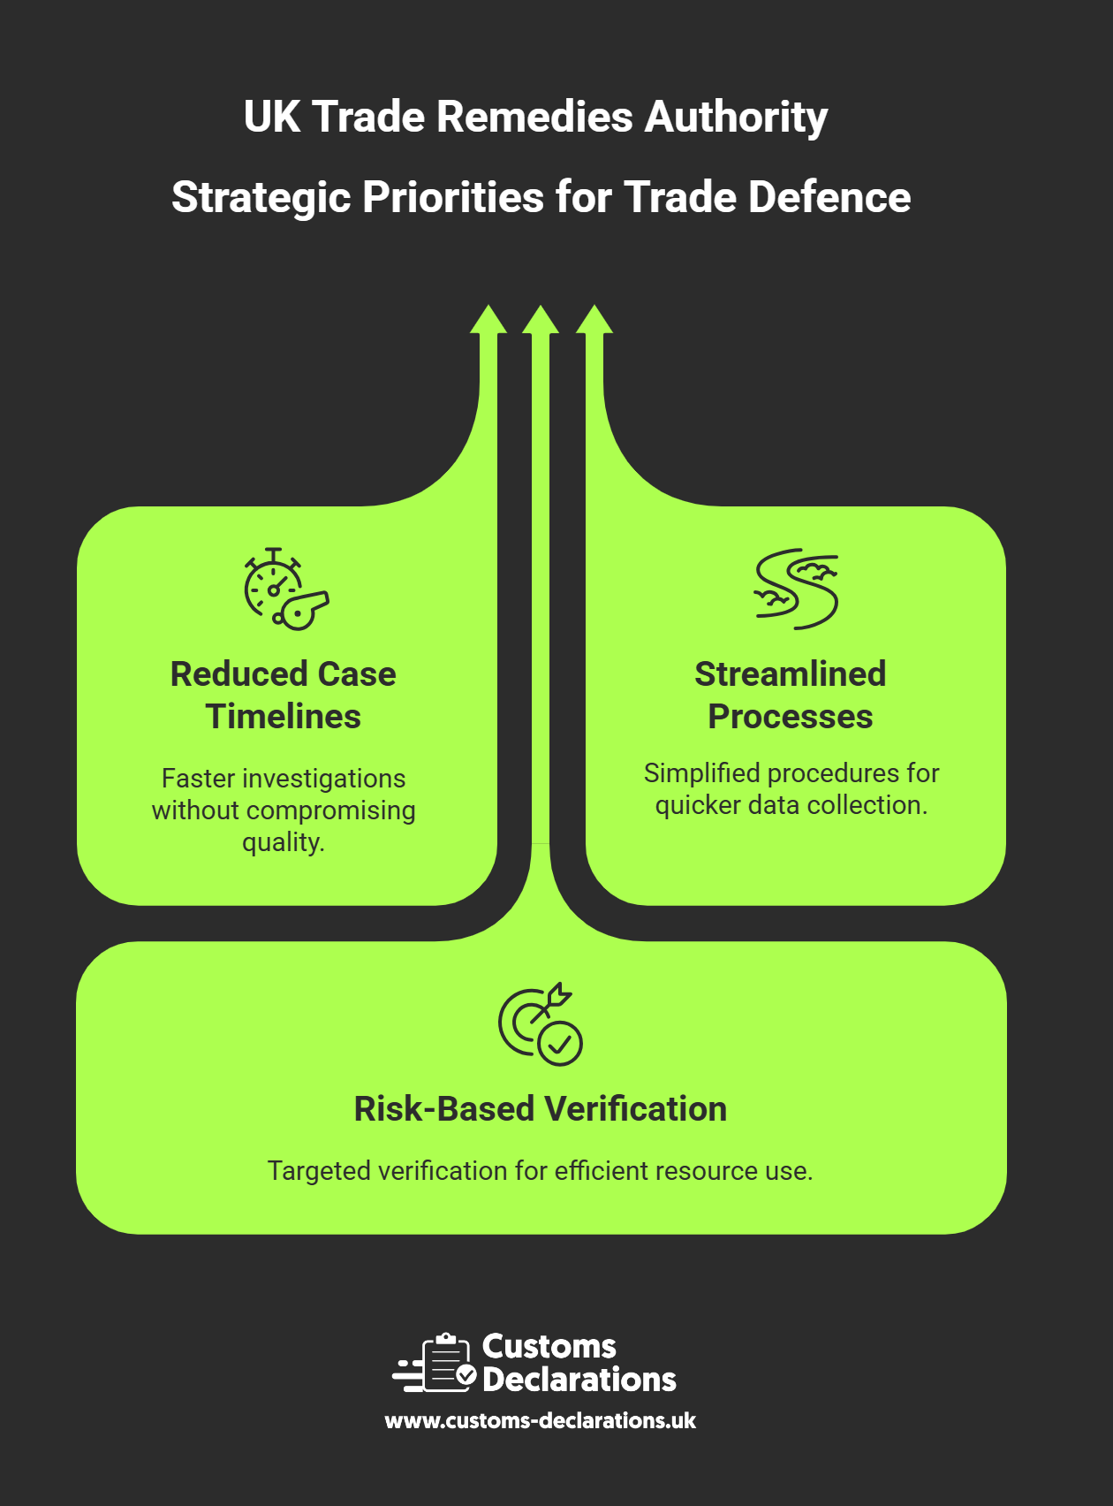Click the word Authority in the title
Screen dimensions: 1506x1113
pyautogui.click(x=736, y=118)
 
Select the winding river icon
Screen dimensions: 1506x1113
pyautogui.click(x=796, y=589)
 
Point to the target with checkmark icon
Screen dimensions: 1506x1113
pyautogui.click(x=540, y=1023)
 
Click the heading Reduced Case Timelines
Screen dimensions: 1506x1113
pyautogui.click(x=283, y=695)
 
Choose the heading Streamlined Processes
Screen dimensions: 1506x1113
pyautogui.click(x=790, y=695)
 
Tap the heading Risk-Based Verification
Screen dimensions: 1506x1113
pyautogui.click(x=540, y=1109)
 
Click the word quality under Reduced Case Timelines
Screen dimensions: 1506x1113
pyautogui.click(x=283, y=842)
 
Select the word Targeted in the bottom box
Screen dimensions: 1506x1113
pyautogui.click(x=320, y=1171)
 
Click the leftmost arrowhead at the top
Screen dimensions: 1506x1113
pyautogui.click(x=488, y=320)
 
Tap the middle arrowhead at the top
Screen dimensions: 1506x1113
pyautogui.click(x=541, y=320)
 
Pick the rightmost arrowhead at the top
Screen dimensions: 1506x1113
pyautogui.click(x=594, y=320)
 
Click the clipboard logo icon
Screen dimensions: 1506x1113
pyautogui.click(x=438, y=1363)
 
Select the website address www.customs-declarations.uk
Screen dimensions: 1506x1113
pyautogui.click(x=540, y=1420)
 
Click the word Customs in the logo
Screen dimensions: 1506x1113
pyautogui.click(x=549, y=1347)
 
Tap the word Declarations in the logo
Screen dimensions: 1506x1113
pyautogui.click(x=579, y=1380)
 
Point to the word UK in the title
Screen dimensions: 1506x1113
pyautogui.click(x=272, y=118)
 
